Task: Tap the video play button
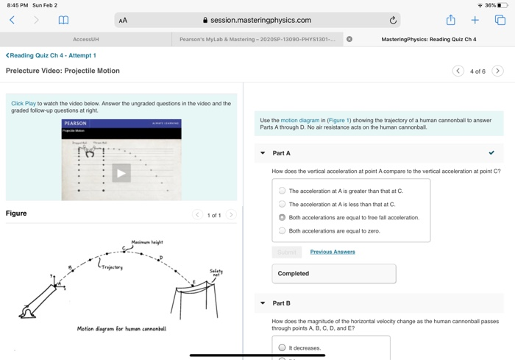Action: tap(121, 173)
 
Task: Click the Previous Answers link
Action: tap(332, 252)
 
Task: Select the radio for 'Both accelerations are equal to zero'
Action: tap(282, 231)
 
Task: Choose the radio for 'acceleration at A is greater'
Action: tap(282, 191)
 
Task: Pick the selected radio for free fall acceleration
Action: tap(282, 218)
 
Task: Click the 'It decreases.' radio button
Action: tap(282, 347)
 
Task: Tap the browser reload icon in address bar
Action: tap(393, 21)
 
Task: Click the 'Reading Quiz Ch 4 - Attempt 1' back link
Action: tap(51, 55)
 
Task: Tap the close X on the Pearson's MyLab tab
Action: tap(349, 39)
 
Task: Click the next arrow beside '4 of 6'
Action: tap(497, 71)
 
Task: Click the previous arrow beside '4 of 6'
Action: tap(458, 71)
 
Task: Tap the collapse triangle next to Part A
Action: tap(263, 153)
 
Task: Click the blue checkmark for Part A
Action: tap(491, 153)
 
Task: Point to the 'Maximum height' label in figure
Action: tap(147, 242)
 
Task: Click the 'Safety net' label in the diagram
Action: tap(216, 273)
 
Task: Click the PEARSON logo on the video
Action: tap(75, 124)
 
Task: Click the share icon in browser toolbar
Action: tap(450, 20)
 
